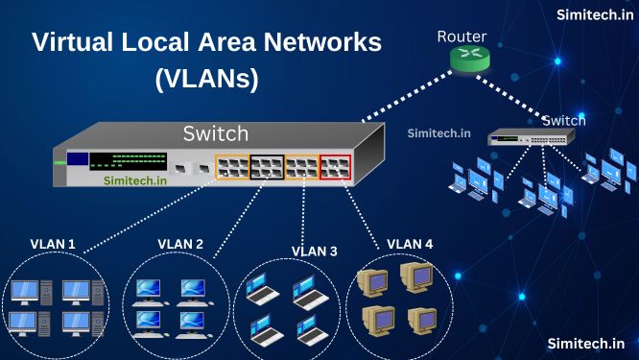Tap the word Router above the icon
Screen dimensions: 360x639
(461, 36)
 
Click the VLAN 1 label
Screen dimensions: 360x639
(53, 244)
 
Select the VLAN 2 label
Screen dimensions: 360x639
(179, 244)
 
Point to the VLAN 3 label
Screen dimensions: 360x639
(315, 252)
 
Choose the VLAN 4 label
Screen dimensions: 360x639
(410, 244)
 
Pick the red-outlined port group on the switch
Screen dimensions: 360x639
(336, 168)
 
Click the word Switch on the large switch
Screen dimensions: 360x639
(215, 132)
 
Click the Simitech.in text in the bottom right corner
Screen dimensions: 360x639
(585, 342)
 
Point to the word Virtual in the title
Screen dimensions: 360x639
(76, 42)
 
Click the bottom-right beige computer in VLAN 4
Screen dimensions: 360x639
(422, 320)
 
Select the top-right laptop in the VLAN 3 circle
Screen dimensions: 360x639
(305, 287)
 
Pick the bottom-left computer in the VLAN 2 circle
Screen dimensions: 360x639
(149, 322)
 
